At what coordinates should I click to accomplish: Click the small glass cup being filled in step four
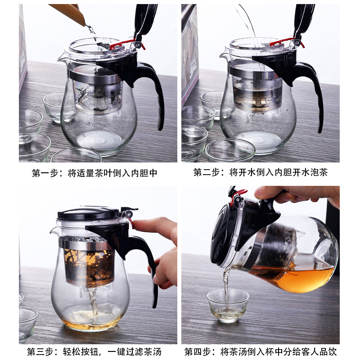point(228,305)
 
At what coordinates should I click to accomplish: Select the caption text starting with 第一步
point(94,173)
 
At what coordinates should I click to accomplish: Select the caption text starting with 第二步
point(261,173)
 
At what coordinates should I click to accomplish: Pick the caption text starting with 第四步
point(261,351)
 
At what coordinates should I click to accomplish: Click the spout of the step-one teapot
point(62,58)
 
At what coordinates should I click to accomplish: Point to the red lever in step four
point(238,195)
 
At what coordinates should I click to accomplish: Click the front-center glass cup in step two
point(230,151)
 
